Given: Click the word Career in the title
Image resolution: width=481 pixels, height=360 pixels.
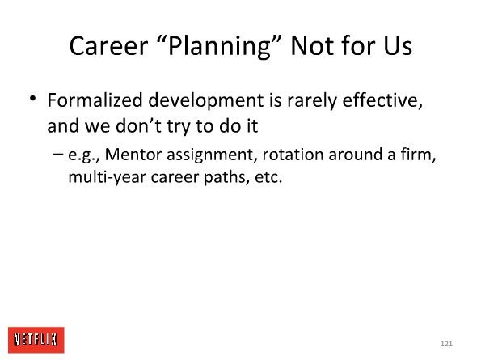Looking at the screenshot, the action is (108, 46).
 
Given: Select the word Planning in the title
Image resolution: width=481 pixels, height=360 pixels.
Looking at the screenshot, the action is (220, 47).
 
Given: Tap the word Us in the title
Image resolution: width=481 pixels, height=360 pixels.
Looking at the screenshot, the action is (397, 46).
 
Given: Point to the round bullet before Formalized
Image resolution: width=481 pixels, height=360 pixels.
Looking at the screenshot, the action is (32, 99).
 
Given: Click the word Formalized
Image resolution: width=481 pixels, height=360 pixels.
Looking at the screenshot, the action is (95, 100).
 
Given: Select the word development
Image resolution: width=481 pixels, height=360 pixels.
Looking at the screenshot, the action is (206, 102).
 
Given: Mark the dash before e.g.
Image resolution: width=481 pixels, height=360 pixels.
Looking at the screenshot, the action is (57, 154).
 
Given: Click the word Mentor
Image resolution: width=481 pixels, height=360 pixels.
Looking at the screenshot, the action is (133, 155).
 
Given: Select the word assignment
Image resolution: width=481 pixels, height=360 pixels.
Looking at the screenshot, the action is (210, 155).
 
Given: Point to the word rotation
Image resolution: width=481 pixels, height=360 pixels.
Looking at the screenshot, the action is (293, 155).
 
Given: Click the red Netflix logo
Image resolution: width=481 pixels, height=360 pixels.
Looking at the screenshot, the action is (36, 340).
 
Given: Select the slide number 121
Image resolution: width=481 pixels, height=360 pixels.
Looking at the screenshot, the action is (446, 344).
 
